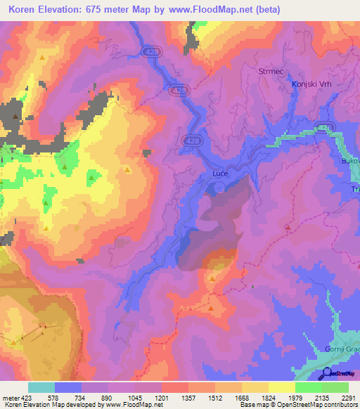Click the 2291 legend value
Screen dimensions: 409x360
[349, 397]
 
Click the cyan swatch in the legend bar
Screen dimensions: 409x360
[41, 387]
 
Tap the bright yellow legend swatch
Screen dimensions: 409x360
[282, 387]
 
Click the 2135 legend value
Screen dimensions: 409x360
[322, 397]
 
